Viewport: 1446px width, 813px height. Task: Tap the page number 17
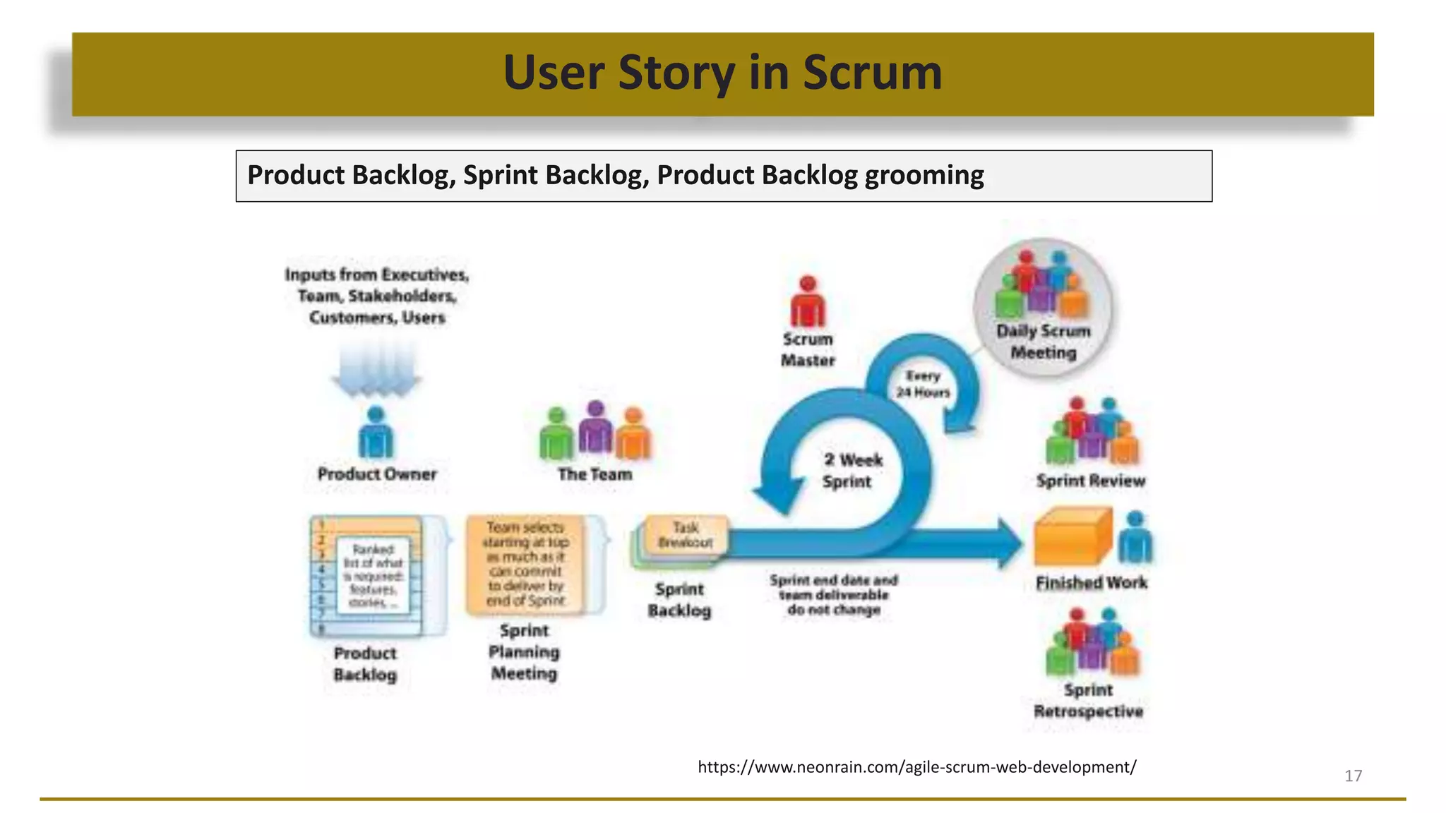1353,776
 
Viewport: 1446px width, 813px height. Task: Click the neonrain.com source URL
916,766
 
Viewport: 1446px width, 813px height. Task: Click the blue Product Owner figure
376,433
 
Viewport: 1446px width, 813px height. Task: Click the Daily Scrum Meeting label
1043,342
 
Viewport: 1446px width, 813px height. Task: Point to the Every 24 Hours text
923,384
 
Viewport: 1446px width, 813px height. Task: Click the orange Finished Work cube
1072,537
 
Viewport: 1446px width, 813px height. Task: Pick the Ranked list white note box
373,575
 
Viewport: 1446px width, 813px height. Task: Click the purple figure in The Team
596,428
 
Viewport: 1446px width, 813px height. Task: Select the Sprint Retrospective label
1088,700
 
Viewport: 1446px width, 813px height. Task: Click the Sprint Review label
1090,481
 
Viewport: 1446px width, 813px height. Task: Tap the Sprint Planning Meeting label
524,651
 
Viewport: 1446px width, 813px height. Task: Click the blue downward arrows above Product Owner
376,371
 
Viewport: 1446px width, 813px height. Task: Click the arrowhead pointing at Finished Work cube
1008,542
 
